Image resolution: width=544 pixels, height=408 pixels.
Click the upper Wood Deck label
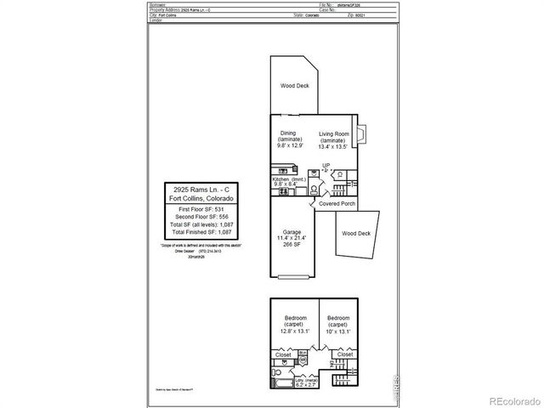pyautogui.click(x=294, y=86)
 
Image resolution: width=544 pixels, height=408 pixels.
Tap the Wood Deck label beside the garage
pyautogui.click(x=355, y=233)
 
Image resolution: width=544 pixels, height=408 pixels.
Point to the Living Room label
pyautogui.click(x=335, y=134)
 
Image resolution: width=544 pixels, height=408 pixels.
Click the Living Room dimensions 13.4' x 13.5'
pyautogui.click(x=335, y=146)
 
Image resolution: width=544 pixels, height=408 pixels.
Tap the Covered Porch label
pyautogui.click(x=337, y=205)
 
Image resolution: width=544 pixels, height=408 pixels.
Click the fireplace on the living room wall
pyautogui.click(x=360, y=134)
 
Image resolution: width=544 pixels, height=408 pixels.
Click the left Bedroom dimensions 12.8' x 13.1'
pyautogui.click(x=295, y=331)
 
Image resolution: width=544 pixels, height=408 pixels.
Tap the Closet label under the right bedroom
pyautogui.click(x=345, y=354)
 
